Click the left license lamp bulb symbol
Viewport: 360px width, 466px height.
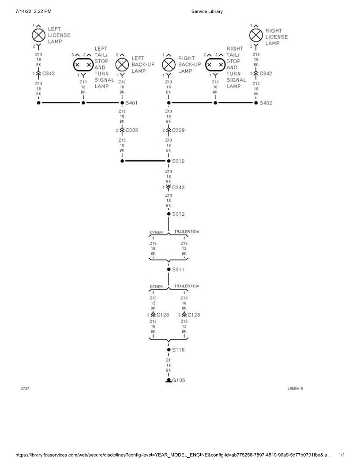[38, 35]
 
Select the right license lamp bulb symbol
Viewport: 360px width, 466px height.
[256, 35]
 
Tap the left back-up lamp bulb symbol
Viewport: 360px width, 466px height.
[122, 64]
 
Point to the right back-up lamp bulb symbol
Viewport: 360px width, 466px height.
[169, 64]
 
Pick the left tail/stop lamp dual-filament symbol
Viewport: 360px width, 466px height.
[83, 64]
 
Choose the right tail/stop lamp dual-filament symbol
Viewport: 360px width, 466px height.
[215, 64]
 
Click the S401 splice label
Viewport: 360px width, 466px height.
[131, 103]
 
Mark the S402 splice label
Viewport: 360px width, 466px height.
[266, 103]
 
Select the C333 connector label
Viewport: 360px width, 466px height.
[131, 130]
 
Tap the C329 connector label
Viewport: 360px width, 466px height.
[178, 130]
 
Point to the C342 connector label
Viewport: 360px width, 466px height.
[266, 73]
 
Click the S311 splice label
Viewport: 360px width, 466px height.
[178, 269]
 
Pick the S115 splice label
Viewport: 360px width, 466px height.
[178, 350]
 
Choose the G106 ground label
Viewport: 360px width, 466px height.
[178, 380]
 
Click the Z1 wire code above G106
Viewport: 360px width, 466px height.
[169, 360]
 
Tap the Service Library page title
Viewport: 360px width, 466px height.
[207, 11]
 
